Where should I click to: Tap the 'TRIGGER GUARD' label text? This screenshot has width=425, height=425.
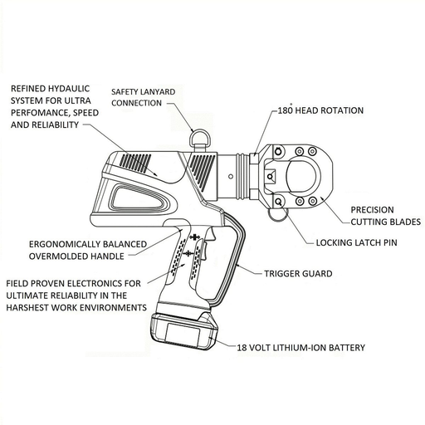[298, 272]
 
